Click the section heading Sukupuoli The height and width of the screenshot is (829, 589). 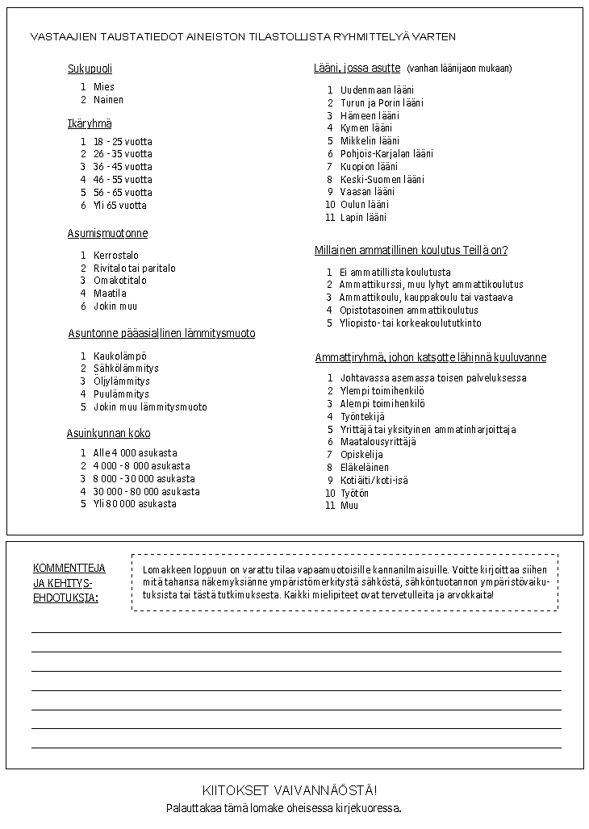(90, 69)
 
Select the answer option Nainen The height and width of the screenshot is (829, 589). (108, 100)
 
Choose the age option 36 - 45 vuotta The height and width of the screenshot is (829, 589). (122, 167)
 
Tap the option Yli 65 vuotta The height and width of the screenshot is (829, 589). (119, 206)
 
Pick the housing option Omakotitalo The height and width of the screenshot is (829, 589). (119, 281)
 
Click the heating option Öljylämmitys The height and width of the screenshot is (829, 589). (121, 381)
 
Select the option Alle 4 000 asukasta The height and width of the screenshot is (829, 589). (135, 453)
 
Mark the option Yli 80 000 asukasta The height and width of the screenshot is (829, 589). (134, 504)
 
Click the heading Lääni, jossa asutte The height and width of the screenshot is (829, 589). (357, 69)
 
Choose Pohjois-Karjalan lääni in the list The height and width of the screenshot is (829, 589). (386, 154)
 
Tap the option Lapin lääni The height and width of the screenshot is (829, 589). (363, 218)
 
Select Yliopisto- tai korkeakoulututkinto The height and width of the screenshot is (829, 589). (410, 323)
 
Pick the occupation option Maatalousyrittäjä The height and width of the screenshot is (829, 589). (378, 442)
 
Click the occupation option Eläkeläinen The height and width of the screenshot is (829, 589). (364, 468)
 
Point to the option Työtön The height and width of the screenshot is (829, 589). (354, 493)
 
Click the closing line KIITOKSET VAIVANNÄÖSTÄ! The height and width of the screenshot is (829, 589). (289, 790)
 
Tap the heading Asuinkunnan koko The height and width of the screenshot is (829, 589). (108, 434)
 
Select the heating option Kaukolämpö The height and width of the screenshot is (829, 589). (119, 356)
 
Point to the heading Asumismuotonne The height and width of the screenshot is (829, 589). (107, 234)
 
